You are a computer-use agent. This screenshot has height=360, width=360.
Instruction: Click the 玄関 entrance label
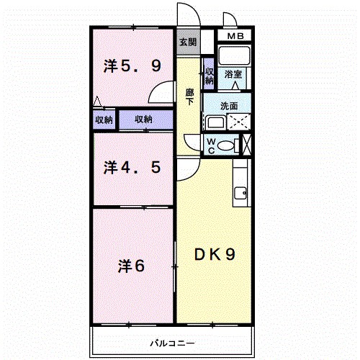(x=188, y=42)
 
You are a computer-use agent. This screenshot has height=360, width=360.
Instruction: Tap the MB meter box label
(x=235, y=36)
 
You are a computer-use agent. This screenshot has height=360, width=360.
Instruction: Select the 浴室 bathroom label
(x=233, y=74)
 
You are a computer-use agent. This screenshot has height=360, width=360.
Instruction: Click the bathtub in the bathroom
(x=234, y=55)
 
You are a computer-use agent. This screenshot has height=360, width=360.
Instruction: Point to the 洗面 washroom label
(x=229, y=106)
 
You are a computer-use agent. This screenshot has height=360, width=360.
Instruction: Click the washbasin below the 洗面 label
(x=216, y=122)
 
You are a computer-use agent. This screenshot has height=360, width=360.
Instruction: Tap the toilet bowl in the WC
(x=225, y=145)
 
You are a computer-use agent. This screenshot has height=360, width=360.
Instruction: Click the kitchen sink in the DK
(x=240, y=193)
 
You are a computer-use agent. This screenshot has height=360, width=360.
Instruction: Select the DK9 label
(x=215, y=255)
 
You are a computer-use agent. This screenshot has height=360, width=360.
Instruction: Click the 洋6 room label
(x=131, y=266)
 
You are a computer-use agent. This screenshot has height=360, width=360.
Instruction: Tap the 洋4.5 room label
(x=132, y=168)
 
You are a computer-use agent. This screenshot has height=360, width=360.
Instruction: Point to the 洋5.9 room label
(x=132, y=66)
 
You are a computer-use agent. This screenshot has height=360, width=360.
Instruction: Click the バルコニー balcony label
(x=172, y=343)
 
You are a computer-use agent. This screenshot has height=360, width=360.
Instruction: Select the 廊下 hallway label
(x=189, y=97)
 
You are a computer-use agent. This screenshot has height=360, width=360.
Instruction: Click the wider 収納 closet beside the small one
(x=146, y=120)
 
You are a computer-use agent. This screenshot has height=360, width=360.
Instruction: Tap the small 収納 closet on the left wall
(x=104, y=120)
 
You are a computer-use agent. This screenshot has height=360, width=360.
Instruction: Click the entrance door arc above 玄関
(x=194, y=9)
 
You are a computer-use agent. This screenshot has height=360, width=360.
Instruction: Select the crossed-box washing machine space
(x=239, y=122)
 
